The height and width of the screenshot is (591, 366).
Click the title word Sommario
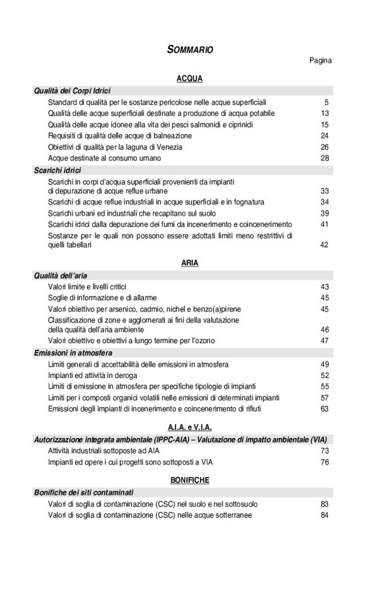click(190, 49)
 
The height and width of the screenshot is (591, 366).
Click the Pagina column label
click(321, 61)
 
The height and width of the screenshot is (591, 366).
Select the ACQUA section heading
click(189, 79)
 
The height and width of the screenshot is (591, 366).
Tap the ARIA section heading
click(189, 262)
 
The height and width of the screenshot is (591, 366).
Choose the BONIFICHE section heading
click(189, 480)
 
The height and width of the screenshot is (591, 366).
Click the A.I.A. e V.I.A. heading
click(189, 426)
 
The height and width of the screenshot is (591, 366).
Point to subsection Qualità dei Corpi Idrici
click(72, 91)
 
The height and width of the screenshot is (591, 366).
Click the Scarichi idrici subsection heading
click(57, 170)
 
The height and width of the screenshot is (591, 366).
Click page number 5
click(326, 102)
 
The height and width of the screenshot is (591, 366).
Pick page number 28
click(324, 158)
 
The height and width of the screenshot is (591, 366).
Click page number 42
click(324, 245)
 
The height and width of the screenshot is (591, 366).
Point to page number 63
click(324, 409)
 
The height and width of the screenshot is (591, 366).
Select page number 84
click(324, 515)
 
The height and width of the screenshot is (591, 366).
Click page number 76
click(324, 462)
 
